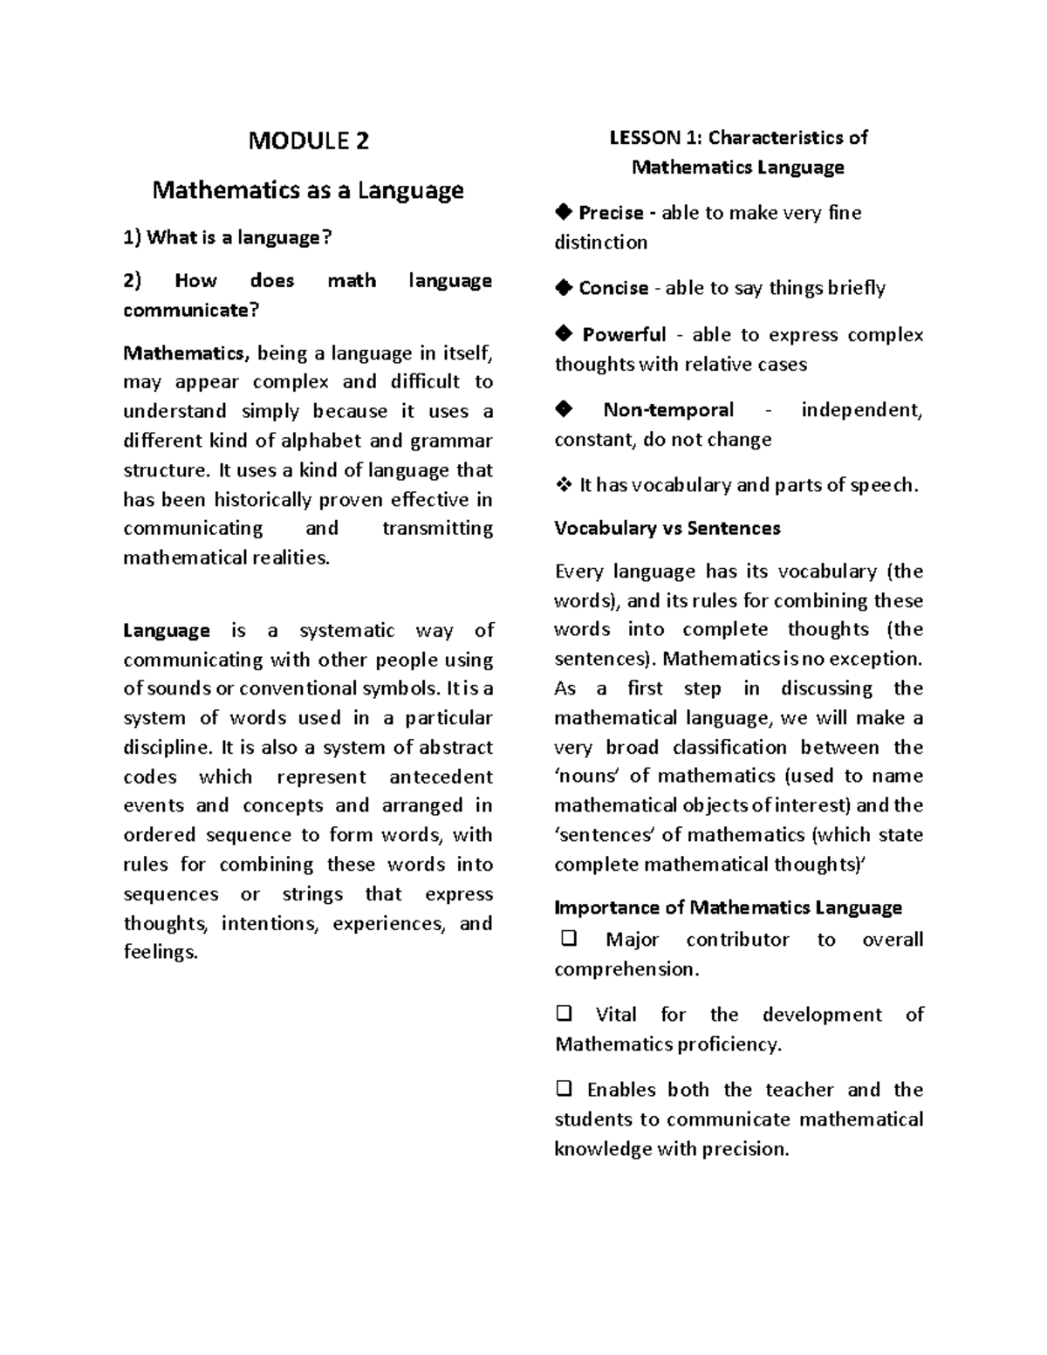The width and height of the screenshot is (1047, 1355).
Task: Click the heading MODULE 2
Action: [308, 140]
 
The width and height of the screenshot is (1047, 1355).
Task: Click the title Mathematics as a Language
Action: [308, 190]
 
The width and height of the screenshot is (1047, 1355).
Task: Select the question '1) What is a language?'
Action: [228, 237]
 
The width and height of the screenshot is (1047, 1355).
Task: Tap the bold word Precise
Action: [611, 213]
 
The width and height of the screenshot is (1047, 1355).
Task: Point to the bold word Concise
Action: [613, 288]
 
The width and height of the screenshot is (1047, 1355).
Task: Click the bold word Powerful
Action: [624, 335]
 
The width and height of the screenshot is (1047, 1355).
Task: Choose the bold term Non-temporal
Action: [668, 410]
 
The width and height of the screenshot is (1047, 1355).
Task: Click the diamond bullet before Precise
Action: [564, 211]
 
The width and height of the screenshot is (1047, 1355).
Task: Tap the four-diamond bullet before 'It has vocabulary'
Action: [563, 485]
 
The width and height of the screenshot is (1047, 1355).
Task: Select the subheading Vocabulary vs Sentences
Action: [667, 528]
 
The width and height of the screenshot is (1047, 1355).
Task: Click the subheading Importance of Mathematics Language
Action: [728, 907]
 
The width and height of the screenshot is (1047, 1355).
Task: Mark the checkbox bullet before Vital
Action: [564, 1014]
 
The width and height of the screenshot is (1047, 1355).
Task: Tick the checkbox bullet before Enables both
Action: [564, 1089]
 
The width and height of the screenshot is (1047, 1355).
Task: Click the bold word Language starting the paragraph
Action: [167, 631]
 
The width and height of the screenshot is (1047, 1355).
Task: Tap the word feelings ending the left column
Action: [160, 953]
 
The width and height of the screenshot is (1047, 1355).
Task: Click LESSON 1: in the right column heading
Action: [655, 138]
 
